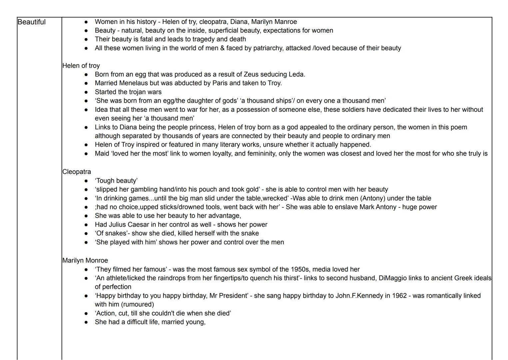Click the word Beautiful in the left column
pos(31,22)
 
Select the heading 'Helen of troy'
pos(81,66)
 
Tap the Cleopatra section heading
pos(76,172)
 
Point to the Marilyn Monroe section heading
pos(85,260)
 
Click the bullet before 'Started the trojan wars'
pos(86,92)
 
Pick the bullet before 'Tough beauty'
pos(86,181)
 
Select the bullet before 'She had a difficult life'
pos(86,322)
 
